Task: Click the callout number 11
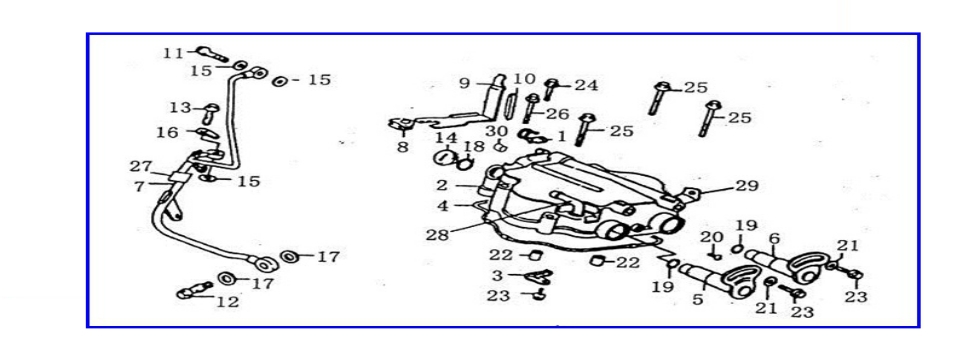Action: point(173,52)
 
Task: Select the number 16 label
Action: point(168,132)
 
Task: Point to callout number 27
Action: point(140,166)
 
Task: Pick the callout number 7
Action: point(140,186)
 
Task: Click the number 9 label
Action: point(465,84)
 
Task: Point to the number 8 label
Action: point(402,146)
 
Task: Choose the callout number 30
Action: point(497,131)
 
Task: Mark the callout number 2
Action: point(441,185)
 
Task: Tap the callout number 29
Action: point(747,186)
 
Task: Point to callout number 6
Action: point(773,238)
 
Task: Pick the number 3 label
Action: point(496,275)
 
